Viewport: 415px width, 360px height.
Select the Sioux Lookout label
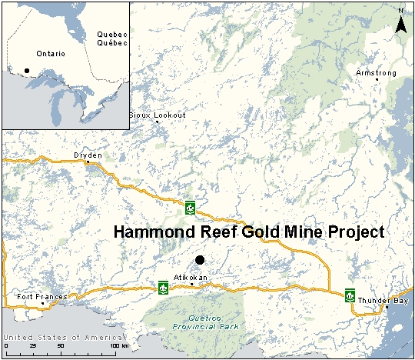(x=158, y=115)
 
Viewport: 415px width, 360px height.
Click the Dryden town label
(x=87, y=155)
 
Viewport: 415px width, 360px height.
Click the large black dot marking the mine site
(x=200, y=260)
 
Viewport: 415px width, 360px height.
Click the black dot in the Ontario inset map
(x=27, y=71)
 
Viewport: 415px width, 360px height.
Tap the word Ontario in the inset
(x=50, y=53)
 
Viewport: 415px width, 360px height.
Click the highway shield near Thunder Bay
(x=349, y=295)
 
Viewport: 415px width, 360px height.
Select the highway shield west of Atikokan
(x=163, y=288)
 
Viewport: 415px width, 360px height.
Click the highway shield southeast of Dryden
(x=189, y=206)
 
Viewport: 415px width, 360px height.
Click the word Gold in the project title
(x=247, y=232)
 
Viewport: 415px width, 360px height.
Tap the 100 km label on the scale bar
(x=115, y=345)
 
